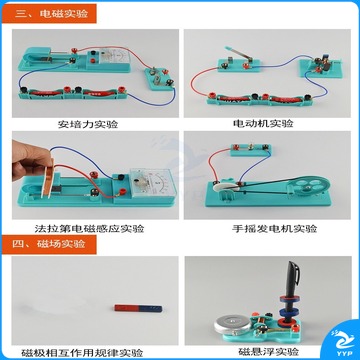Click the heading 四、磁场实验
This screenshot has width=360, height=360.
49,244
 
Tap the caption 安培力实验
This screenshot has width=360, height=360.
88,124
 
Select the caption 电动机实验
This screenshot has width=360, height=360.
263,124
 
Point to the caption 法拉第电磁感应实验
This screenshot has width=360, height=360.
89,229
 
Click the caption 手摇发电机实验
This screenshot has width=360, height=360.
274,229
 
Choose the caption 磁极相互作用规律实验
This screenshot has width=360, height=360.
82,352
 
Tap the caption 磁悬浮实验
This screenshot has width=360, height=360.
268,352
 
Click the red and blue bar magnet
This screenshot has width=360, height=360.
138,308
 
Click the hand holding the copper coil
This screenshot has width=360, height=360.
29,162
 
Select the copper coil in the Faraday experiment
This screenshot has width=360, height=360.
48,178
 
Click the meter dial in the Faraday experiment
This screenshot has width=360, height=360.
154,182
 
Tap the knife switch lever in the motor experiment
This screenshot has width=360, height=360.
239,54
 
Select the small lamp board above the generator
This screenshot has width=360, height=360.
251,150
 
